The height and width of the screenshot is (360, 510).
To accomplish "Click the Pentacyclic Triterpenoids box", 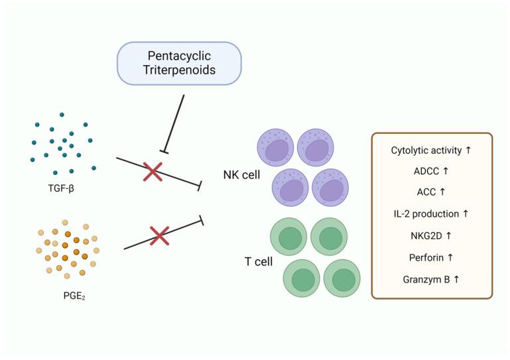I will [x=179, y=62].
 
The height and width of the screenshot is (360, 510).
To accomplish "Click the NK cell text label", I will [x=241, y=176].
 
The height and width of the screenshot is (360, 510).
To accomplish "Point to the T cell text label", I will [x=259, y=261].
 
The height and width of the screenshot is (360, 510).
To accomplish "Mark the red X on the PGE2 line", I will [x=160, y=234].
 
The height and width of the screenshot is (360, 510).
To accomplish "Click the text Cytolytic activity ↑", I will [x=431, y=150].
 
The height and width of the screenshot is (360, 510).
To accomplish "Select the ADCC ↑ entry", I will [x=431, y=171].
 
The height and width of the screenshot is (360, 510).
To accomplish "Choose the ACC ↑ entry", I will [x=431, y=192].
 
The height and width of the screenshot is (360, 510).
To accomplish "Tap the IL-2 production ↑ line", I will [x=431, y=213].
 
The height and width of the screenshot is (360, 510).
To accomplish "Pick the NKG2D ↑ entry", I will [x=431, y=235].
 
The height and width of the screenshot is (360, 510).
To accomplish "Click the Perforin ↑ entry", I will [x=431, y=256].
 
